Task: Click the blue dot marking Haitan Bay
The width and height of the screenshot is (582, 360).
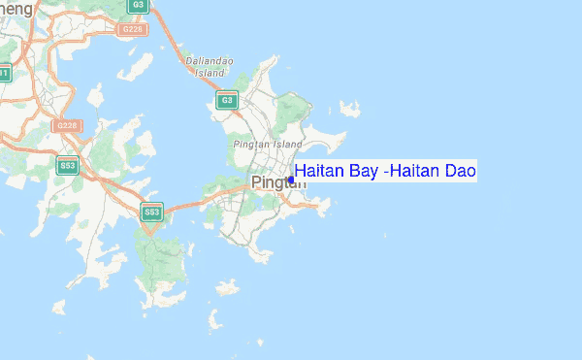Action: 291,180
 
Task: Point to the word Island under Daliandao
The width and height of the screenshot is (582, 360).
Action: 210,71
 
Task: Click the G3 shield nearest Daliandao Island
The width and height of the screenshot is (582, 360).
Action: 227,100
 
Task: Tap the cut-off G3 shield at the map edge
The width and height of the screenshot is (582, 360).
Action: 138,5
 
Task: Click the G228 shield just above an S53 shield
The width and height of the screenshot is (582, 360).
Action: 66,125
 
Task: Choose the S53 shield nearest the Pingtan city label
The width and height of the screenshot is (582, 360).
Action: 150,212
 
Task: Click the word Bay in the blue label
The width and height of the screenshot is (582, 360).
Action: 363,172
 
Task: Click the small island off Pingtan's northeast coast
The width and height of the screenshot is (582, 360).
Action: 349,109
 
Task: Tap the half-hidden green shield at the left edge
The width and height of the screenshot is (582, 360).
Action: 4,73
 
